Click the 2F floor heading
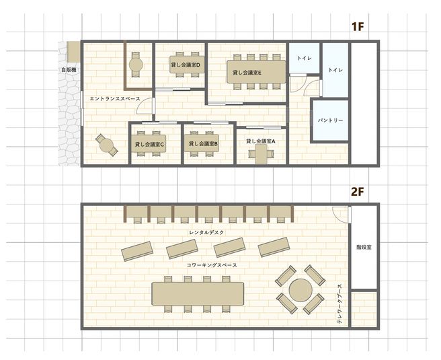357,191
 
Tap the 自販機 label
68,69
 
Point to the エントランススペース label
114,99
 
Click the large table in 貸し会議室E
247,73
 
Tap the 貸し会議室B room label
203,143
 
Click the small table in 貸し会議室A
261,154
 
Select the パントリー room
330,120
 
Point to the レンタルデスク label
206,231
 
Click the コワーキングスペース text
212,266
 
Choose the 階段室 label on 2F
364,248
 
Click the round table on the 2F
299,291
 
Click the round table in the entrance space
106,143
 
